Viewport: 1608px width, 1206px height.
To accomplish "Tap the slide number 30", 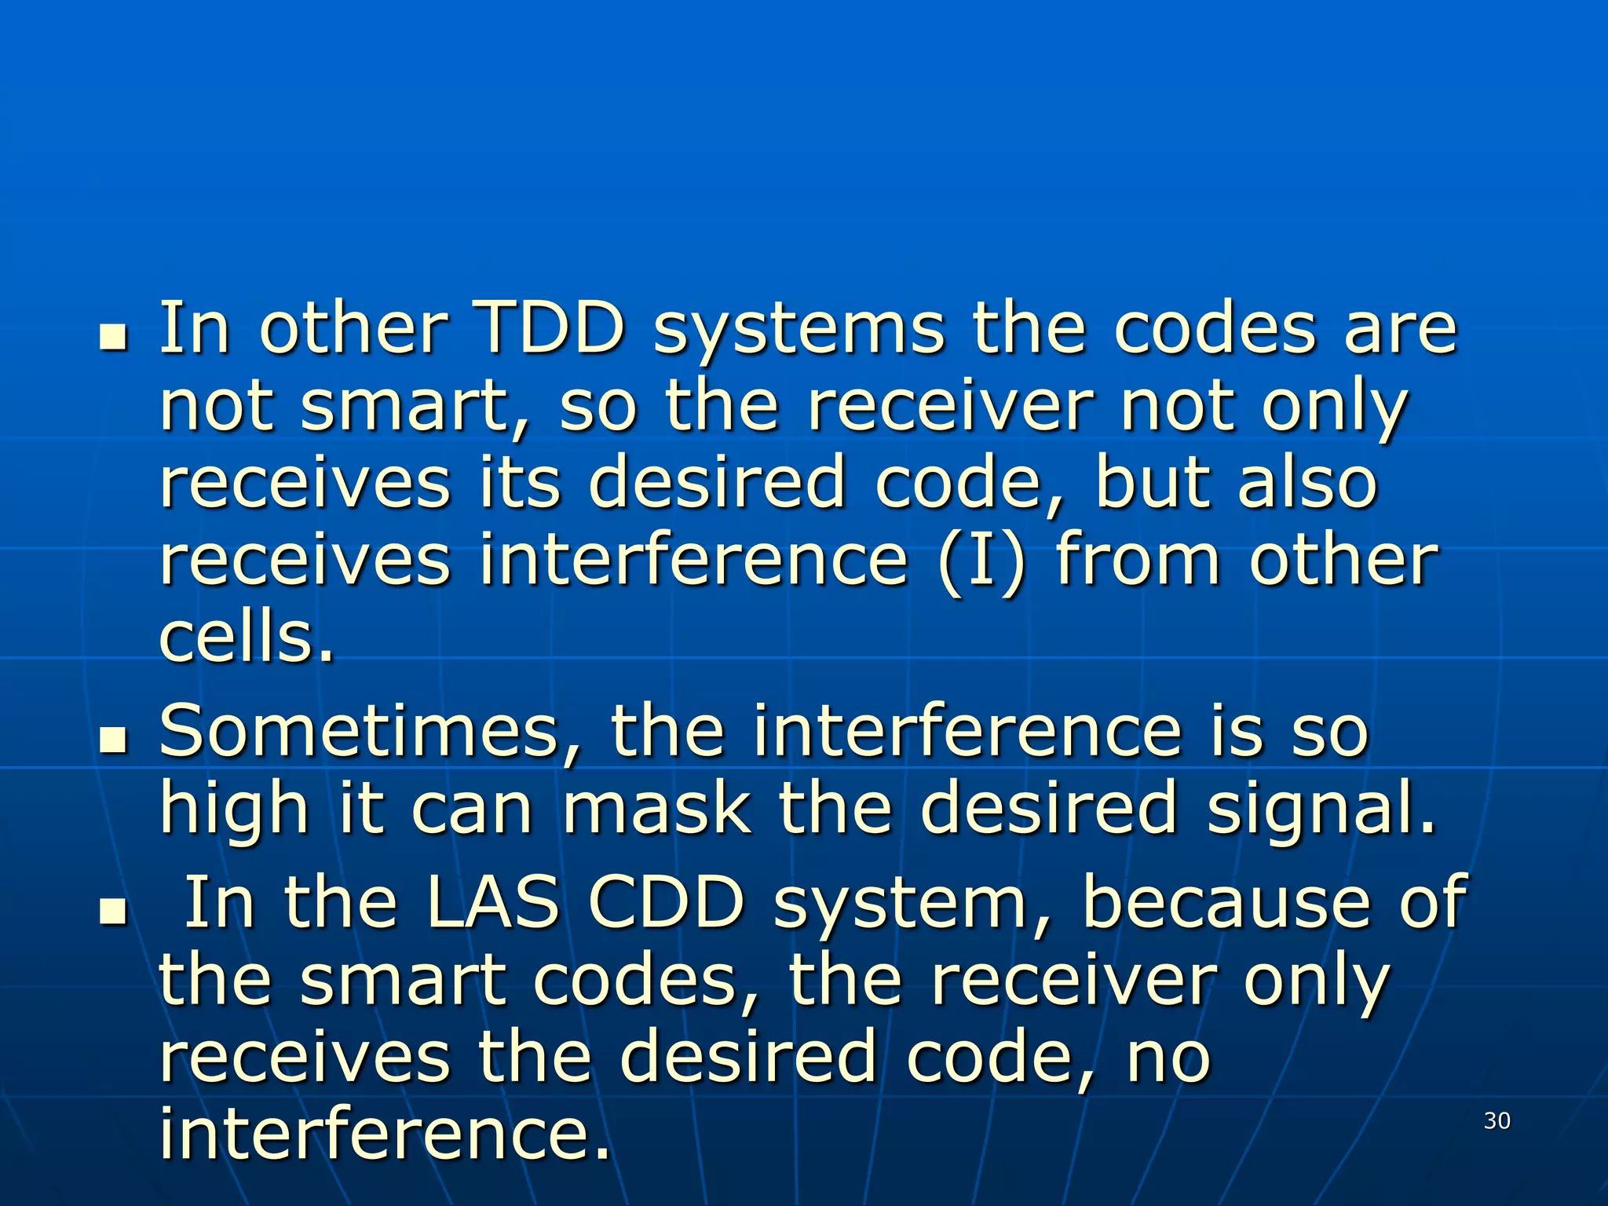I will pos(1497,1121).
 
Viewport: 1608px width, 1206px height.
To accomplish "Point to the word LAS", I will pos(492,903).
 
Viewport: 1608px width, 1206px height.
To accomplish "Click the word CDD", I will pos(667,903).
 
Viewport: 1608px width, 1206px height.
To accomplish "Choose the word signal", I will pos(1321,809).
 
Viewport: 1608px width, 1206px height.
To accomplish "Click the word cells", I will pos(247,638).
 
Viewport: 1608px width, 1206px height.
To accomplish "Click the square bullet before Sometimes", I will pos(114,740).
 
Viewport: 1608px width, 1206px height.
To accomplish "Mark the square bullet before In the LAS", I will pos(114,912).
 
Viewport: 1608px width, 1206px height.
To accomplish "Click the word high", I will pos(234,809).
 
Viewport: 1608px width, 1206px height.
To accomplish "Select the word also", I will pos(1307,483).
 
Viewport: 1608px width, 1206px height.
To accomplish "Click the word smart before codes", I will pos(403,981).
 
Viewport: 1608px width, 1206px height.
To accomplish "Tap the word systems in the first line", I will pos(799,330).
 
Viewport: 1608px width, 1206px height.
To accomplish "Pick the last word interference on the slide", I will pos(384,1135).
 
